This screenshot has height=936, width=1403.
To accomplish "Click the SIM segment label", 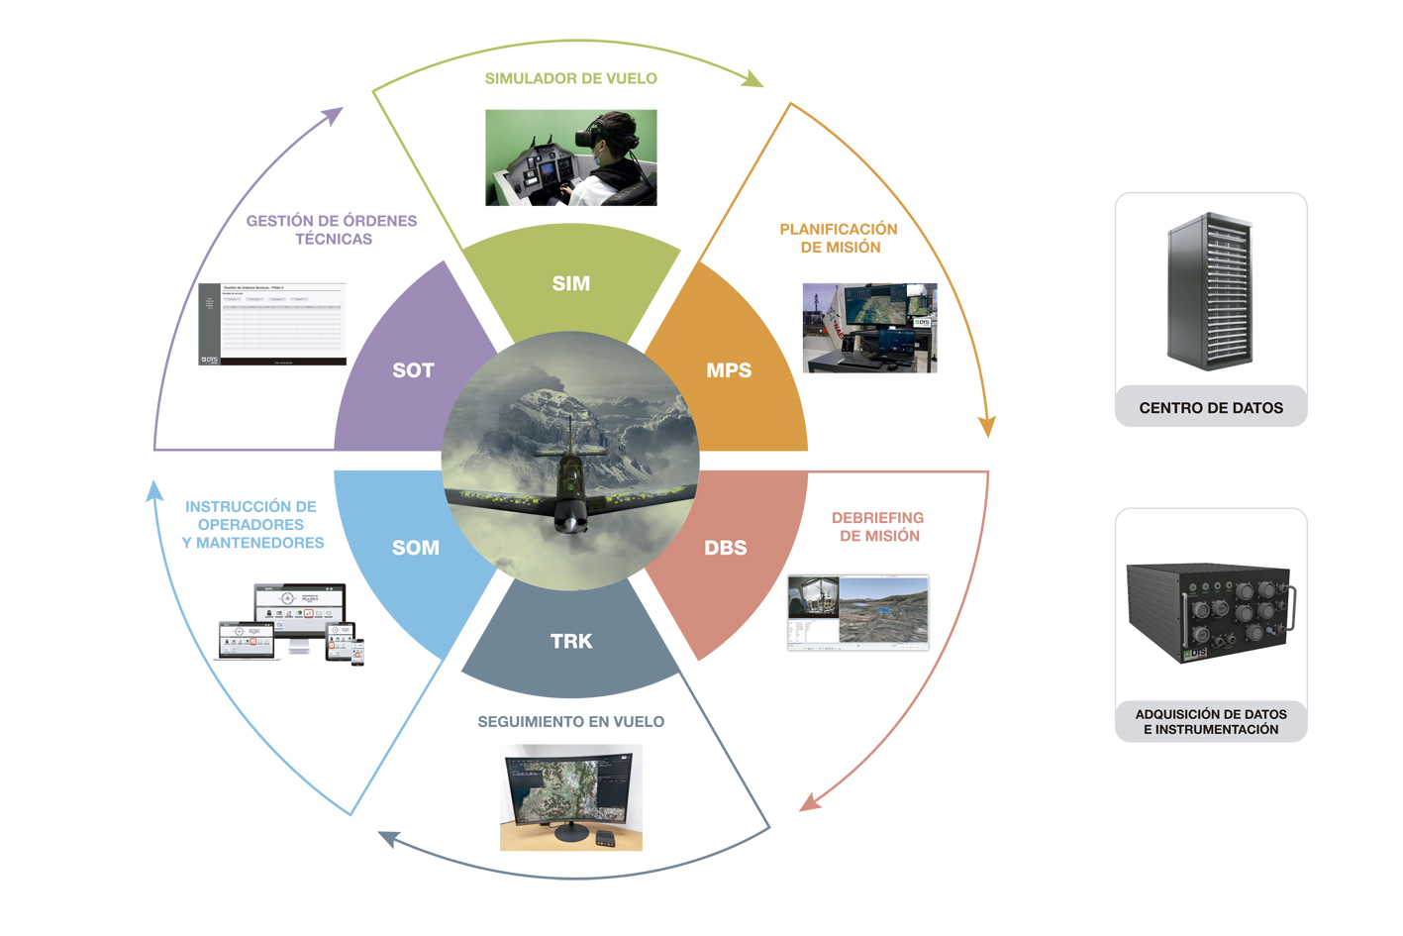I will pos(571,283).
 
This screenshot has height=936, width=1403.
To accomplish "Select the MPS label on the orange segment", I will pos(729,370).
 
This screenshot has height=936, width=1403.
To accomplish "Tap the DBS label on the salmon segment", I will pos(726,548).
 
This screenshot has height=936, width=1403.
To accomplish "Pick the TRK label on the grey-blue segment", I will pos(571,641).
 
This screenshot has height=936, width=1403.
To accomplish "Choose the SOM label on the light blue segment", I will pos(416,548).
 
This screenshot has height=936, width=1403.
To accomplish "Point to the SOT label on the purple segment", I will pos(413,370).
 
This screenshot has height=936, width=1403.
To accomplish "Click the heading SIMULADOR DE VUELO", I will pos(570,78).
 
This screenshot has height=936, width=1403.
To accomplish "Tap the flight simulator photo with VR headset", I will pos(570,157).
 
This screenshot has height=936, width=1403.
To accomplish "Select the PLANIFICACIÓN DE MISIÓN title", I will pos(839,238).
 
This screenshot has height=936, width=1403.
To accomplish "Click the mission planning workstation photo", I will pos(869,328).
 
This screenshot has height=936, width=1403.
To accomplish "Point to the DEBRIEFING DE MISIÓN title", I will pos(878,526).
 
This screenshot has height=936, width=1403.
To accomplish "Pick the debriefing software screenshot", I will pos(857,612).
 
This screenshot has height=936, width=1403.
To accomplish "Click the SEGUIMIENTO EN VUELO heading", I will pos(570,722).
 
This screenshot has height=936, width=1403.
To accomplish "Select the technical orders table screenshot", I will pos(272,324).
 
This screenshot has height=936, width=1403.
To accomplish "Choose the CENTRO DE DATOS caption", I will pos(1211,407).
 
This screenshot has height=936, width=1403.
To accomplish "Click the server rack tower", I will pos(1210,291).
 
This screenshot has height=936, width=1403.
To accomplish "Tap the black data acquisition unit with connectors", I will pos(1210,612).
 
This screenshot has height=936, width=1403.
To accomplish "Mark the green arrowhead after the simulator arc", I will pos(753,79).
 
